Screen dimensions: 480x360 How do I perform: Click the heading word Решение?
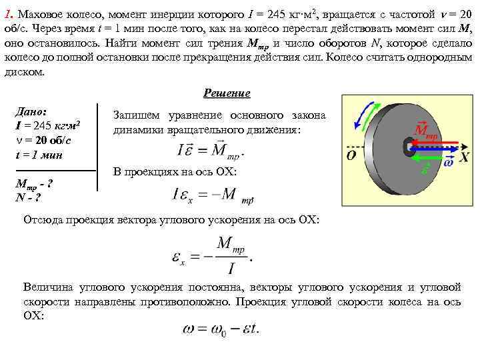227,94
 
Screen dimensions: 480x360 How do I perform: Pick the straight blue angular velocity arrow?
437,150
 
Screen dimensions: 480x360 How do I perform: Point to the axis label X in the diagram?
464,157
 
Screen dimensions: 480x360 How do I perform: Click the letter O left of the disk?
351,157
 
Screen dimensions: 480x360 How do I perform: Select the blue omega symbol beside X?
448,162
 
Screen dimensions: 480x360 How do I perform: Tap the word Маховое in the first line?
40,14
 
